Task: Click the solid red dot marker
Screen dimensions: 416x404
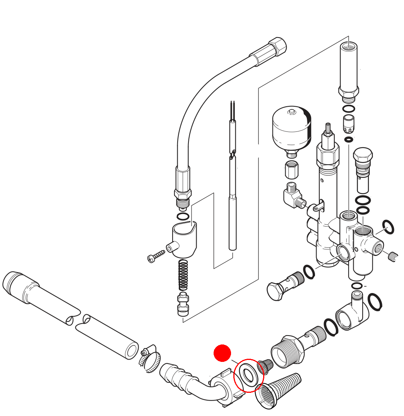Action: (222, 353)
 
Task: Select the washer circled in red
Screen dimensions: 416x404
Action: (248, 374)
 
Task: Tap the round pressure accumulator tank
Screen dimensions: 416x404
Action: (291, 129)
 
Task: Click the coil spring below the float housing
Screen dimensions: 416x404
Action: (183, 275)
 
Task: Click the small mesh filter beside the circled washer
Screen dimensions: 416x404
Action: (265, 365)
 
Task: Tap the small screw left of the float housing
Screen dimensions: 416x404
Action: (156, 256)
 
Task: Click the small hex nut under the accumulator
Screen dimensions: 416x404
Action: (291, 169)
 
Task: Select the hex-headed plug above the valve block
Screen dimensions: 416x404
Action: (363, 155)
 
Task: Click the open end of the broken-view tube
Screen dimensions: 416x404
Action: (132, 351)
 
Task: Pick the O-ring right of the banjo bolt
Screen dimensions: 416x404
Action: (309, 271)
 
